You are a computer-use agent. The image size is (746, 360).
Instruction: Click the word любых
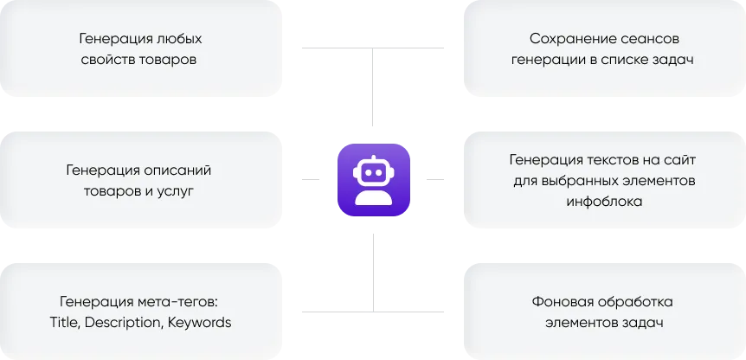pyautogui.click(x=180, y=40)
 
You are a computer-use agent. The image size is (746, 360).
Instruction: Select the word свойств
pyautogui.click(x=113, y=61)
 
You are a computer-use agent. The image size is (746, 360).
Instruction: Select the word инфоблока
pyautogui.click(x=603, y=202)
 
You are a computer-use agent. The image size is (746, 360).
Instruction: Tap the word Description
pyautogui.click(x=125, y=322)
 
